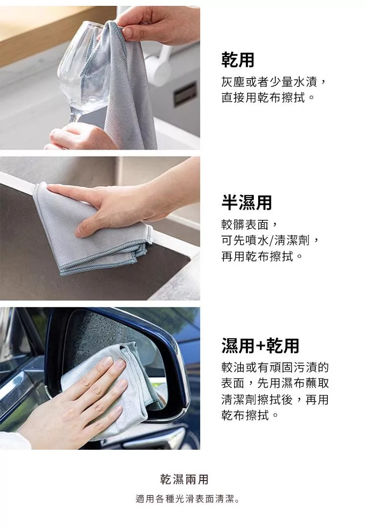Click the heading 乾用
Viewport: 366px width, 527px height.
pyautogui.click(x=238, y=60)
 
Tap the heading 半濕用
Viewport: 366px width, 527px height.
pyautogui.click(x=246, y=202)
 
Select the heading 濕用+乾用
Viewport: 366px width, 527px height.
pyautogui.click(x=260, y=346)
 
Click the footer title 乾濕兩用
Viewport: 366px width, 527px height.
pyautogui.click(x=184, y=479)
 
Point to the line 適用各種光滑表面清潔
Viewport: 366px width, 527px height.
pyautogui.click(x=187, y=499)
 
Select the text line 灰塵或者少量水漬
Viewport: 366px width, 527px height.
pyautogui.click(x=273, y=82)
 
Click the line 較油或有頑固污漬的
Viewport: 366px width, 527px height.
pyautogui.click(x=275, y=367)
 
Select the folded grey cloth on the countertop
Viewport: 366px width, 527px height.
pyautogui.click(x=94, y=232)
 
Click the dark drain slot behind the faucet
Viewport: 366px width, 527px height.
pyautogui.click(x=185, y=94)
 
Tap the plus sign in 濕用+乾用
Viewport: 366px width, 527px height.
pyautogui.click(x=260, y=346)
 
